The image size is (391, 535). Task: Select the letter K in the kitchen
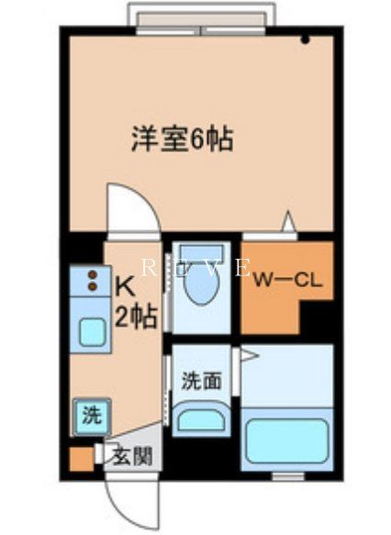click(x=125, y=285)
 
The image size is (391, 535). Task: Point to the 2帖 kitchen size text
click(x=133, y=318)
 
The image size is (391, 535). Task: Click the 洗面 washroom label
click(x=200, y=380)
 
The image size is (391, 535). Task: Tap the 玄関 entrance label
click(x=126, y=454)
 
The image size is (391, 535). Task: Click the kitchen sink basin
click(x=92, y=333)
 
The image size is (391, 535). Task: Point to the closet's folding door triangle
click(x=288, y=221)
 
